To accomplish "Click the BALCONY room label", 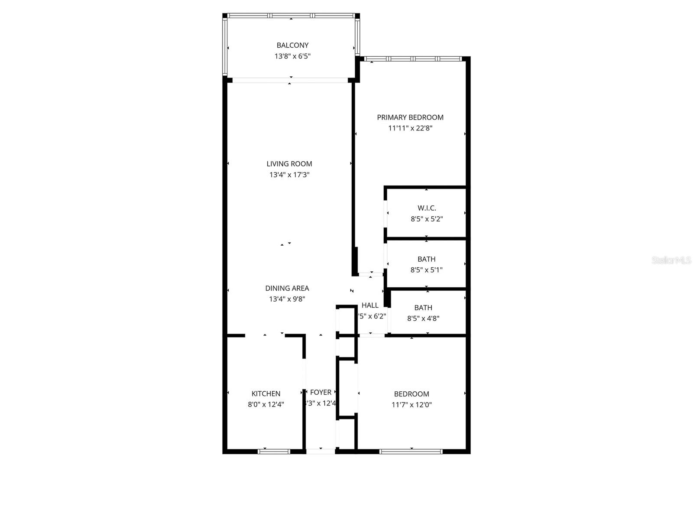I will (x=292, y=45).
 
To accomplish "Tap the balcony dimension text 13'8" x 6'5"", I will (x=292, y=56).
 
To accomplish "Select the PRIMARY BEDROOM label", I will (x=410, y=117).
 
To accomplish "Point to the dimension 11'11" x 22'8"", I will (x=410, y=128).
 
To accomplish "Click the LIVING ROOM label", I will (x=289, y=164).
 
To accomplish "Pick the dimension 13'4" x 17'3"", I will (x=289, y=175).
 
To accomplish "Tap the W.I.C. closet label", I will (x=427, y=208).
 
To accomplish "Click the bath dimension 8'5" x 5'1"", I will (x=426, y=270).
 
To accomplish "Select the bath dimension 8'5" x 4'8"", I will (x=423, y=318).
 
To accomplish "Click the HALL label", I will (x=370, y=305).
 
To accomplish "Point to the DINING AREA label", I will (x=287, y=288).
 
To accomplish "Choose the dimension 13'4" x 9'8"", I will (x=287, y=299).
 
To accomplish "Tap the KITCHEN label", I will (x=266, y=393).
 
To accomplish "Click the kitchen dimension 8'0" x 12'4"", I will (x=266, y=405).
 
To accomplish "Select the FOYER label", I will (x=321, y=392).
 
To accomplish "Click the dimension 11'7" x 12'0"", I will (x=411, y=405).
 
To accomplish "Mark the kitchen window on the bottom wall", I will (x=274, y=451).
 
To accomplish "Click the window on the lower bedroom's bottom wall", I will (x=411, y=451).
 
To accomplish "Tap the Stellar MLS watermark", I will (x=671, y=260).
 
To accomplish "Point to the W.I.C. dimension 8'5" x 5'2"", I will (x=427, y=219).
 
